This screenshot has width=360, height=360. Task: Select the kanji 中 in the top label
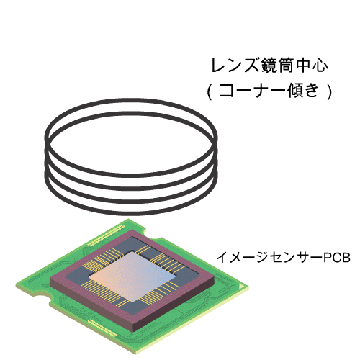pos(301,65)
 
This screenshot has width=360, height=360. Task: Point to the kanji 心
pos(320,66)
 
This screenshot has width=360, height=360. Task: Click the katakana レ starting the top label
pos(218,66)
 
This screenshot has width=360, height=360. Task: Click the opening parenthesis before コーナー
pos(210,91)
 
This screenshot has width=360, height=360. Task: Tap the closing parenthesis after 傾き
pos(329,91)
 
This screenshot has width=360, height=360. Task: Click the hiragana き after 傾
pos(313,91)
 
